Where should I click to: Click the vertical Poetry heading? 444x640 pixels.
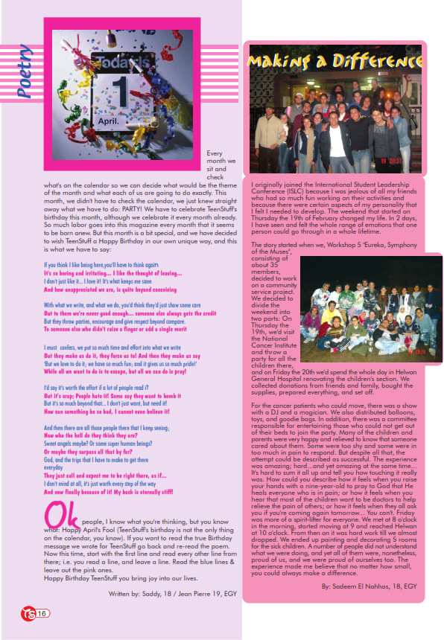pyautogui.click(x=25, y=72)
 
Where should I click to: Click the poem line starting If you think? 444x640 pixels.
pyautogui.click(x=112, y=264)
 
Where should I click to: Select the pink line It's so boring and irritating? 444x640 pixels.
pyautogui.click(x=111, y=273)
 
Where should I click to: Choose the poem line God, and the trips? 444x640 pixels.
pyautogui.click(x=111, y=460)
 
